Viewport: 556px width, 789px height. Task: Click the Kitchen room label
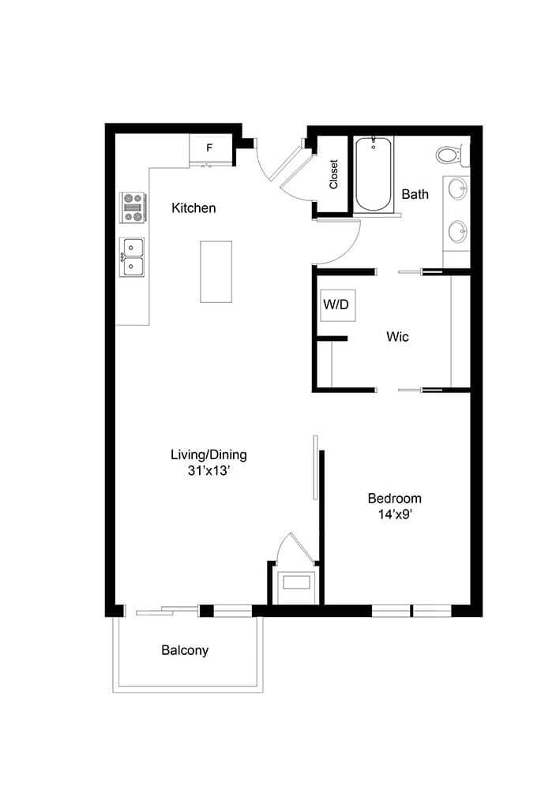tap(193, 208)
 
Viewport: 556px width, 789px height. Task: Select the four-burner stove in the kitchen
tap(132, 207)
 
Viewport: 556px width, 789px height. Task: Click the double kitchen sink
tap(132, 257)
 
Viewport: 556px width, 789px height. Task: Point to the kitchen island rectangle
tap(216, 271)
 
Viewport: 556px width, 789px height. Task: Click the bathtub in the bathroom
tap(373, 174)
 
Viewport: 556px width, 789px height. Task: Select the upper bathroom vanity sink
tap(456, 189)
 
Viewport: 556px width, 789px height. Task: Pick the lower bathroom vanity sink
tap(456, 231)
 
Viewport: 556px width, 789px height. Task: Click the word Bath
tap(415, 194)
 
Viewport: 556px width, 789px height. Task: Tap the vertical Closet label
tap(334, 175)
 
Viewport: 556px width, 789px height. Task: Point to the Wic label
tap(397, 337)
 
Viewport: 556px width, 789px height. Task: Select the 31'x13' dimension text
tap(208, 471)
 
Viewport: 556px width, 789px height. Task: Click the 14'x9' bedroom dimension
tap(394, 514)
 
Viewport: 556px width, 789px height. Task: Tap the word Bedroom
tap(394, 499)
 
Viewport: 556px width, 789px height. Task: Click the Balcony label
tap(185, 651)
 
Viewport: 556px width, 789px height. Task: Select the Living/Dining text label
tap(208, 454)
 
